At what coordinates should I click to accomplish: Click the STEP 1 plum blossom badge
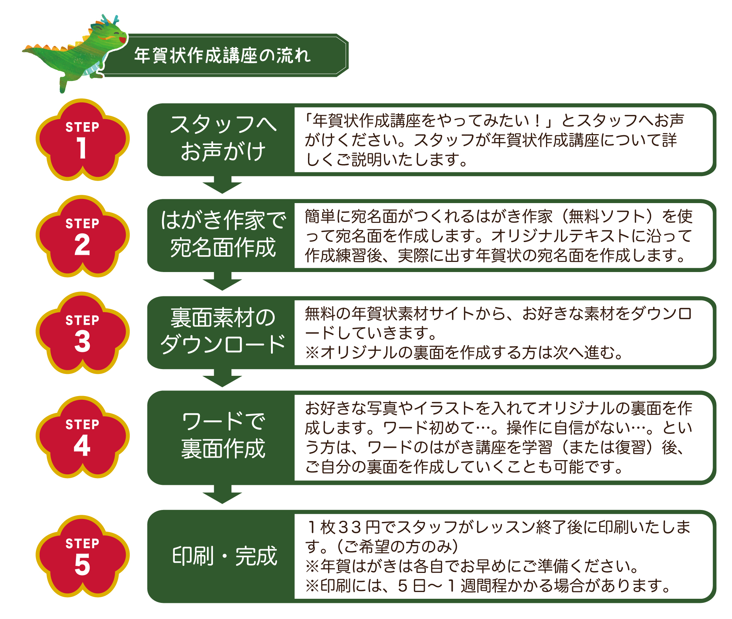tap(82, 139)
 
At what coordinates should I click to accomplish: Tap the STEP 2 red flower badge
tap(82, 236)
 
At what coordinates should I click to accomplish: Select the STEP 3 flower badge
tap(82, 333)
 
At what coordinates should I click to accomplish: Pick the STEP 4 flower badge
tap(82, 437)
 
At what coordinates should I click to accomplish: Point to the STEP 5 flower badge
tap(82, 556)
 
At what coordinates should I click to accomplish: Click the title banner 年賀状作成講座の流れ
tap(223, 55)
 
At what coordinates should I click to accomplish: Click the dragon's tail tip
tap(24, 50)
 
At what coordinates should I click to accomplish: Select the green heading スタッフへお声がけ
tap(223, 138)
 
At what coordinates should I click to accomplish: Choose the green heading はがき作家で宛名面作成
tap(223, 234)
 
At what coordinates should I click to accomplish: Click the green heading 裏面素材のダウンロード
tap(223, 331)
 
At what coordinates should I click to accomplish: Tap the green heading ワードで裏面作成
tap(223, 435)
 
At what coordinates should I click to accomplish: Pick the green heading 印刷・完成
tap(225, 556)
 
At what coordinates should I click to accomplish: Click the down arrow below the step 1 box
tap(222, 185)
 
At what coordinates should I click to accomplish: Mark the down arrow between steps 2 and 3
tap(222, 281)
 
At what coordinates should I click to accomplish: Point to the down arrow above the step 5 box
tap(222, 494)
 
